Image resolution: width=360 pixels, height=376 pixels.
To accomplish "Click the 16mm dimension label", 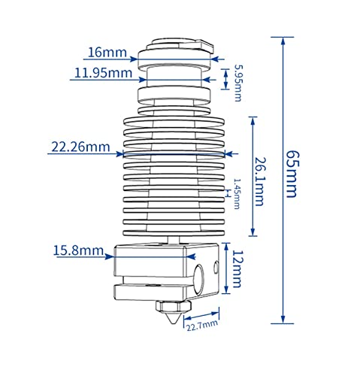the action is (107, 53).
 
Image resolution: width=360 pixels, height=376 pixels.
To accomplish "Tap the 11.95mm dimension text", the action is (103, 73).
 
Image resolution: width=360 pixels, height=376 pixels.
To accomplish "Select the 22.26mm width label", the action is (80, 147).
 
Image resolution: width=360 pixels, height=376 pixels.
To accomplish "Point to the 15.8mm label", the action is (78, 250).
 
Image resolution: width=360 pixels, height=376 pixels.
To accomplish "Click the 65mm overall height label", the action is (292, 174).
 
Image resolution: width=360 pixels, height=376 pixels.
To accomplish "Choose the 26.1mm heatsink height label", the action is (259, 181).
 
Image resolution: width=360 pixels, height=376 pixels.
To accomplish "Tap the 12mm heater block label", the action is (236, 268).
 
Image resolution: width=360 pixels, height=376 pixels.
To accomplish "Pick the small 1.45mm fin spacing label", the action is (237, 193).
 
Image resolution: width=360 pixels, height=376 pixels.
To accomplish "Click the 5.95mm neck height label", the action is (237, 83).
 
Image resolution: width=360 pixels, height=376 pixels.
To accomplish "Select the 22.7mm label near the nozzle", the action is (202, 326).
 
